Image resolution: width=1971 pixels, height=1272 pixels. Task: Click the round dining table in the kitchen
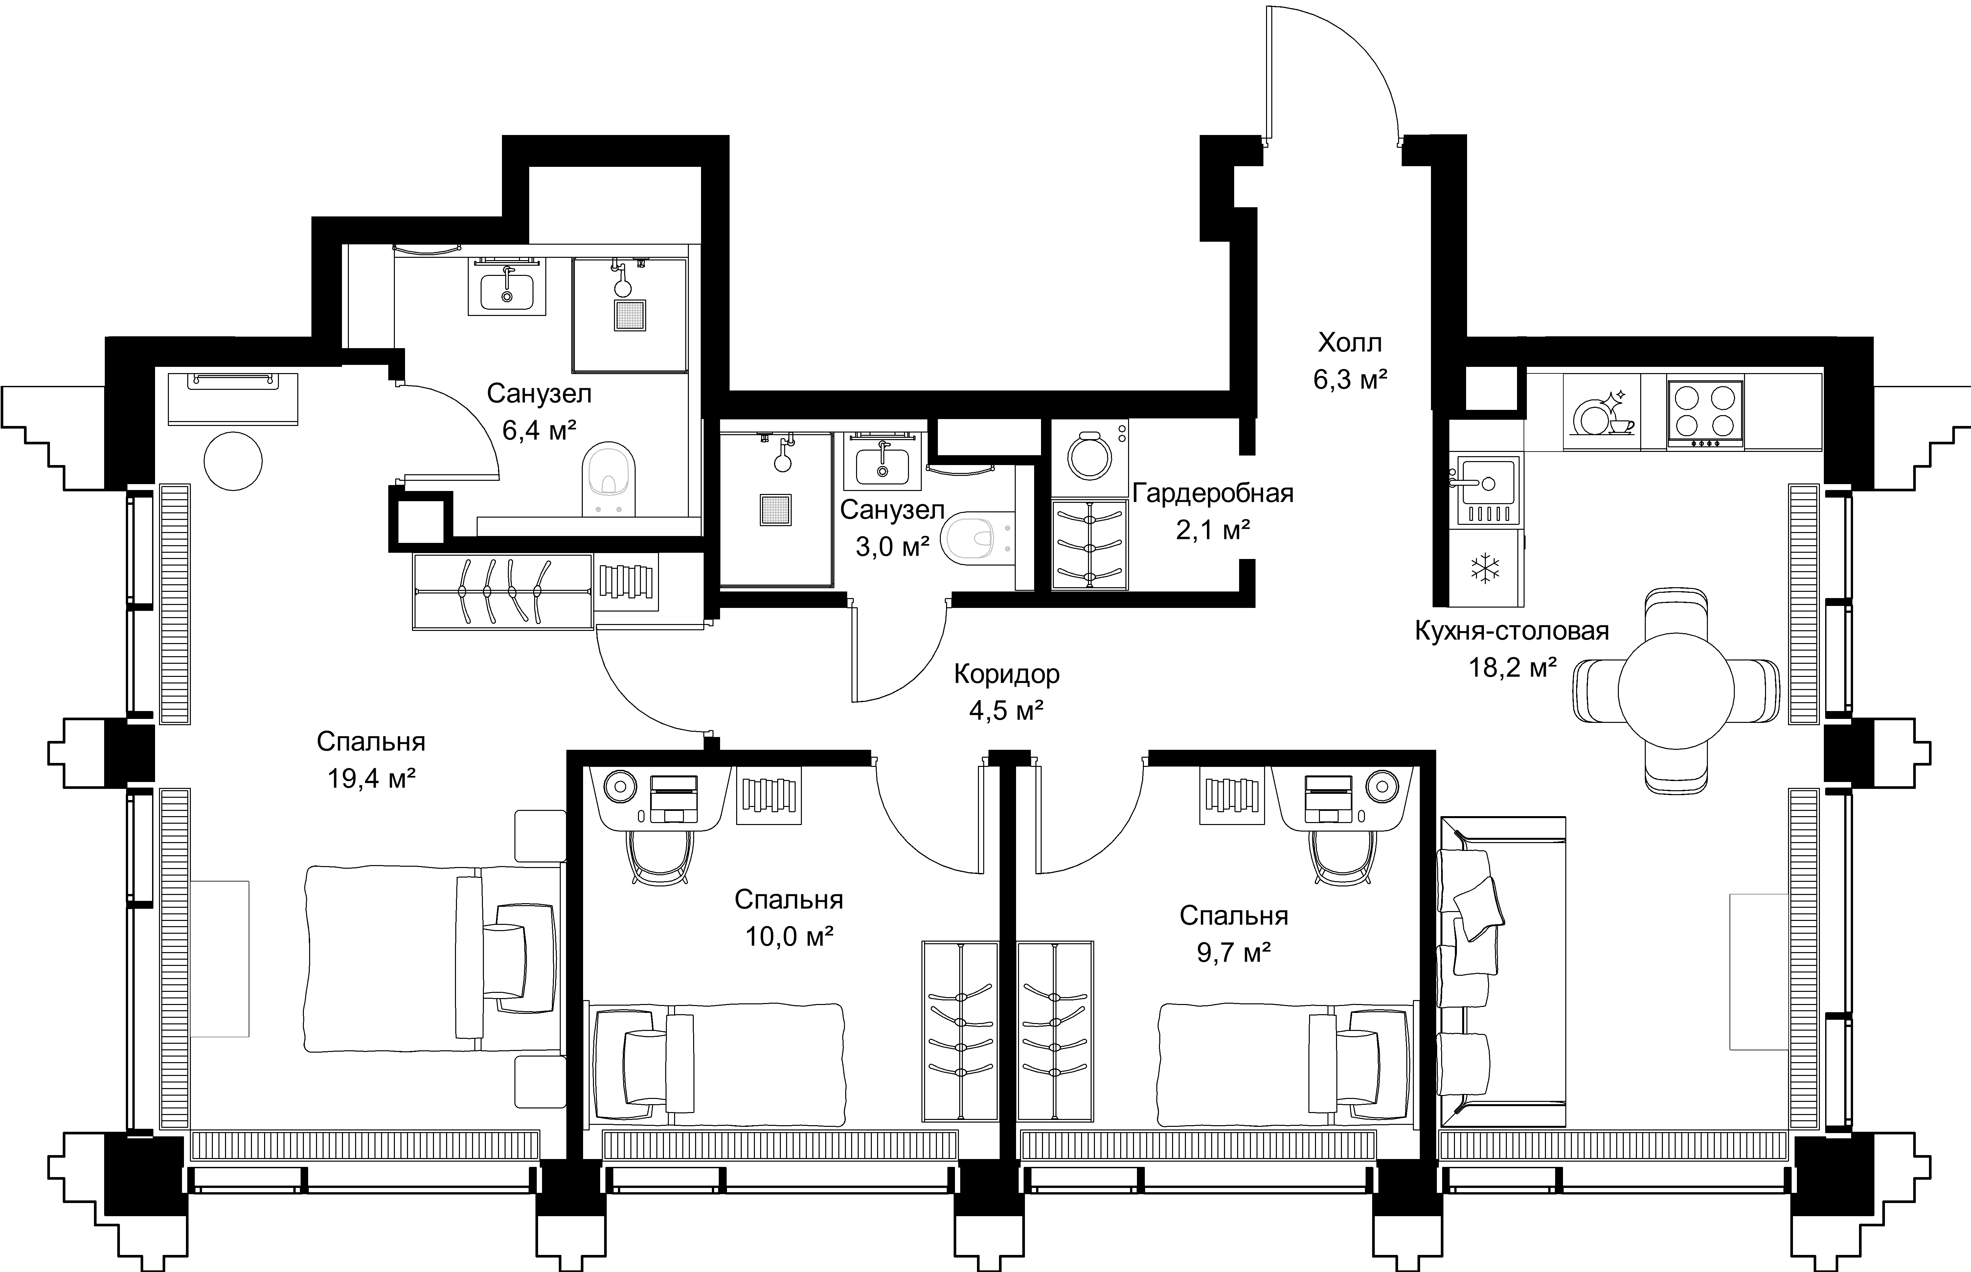pos(1675,690)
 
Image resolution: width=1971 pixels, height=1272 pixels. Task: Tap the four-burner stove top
pos(1705,411)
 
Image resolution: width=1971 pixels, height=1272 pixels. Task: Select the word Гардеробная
pos(1213,494)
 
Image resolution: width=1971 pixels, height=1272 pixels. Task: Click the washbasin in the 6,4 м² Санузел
pos(506,287)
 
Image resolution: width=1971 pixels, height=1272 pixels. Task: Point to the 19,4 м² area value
pos(371,777)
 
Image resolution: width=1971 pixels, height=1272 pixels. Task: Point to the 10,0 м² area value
pos(789,936)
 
